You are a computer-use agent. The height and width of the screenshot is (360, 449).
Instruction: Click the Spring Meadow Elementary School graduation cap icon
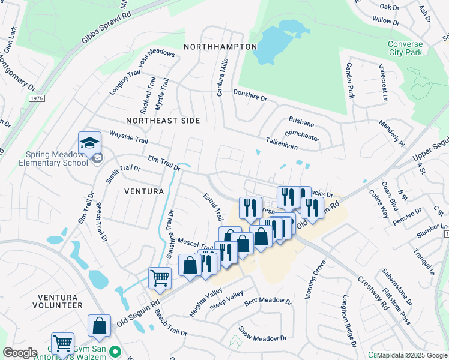click(x=89, y=143)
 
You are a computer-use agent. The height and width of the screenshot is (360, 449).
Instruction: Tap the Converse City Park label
click(x=405, y=49)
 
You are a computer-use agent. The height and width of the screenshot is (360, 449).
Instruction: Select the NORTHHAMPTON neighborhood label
click(x=220, y=47)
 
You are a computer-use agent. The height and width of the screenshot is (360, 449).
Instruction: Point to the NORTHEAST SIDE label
click(x=158, y=121)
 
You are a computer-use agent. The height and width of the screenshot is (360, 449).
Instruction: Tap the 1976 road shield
click(x=37, y=98)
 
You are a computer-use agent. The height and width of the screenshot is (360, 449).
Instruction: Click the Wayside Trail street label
click(x=128, y=137)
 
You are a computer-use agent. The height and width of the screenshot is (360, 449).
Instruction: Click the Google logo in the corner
click(x=20, y=353)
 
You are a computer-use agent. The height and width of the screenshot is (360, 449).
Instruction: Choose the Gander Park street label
click(x=350, y=82)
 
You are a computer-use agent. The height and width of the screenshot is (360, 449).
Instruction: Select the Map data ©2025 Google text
click(x=411, y=355)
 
